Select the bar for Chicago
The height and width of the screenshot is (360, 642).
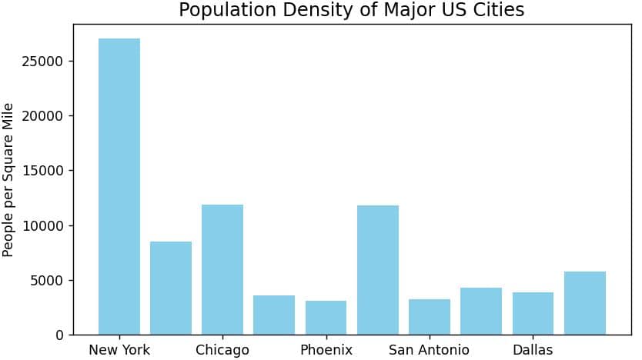point(222,269)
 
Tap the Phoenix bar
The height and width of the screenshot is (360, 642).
point(326,318)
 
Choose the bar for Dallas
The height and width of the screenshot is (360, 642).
point(533,313)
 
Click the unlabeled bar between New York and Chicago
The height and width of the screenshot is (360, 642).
point(171,288)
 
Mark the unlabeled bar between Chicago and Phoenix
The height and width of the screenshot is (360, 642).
point(274,315)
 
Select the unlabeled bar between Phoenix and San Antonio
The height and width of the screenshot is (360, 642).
point(377,269)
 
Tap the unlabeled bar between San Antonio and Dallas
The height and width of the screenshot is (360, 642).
point(481,311)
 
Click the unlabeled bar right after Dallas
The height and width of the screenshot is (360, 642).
point(584,303)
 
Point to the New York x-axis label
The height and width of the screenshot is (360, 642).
point(119,350)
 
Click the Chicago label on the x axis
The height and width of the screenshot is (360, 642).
point(222,350)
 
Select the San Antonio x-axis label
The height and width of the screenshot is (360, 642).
point(429,350)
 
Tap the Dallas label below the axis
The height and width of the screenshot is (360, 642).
point(533,350)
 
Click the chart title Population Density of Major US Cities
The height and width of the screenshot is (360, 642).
point(351,10)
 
